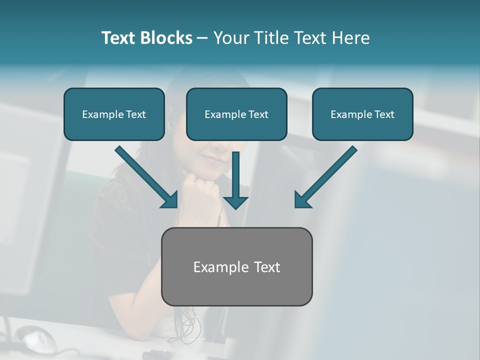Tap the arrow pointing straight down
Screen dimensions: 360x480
[235, 180]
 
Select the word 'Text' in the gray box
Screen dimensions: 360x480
[267, 267]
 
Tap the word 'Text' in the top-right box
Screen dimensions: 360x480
[384, 114]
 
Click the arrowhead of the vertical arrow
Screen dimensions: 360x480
[235, 202]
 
